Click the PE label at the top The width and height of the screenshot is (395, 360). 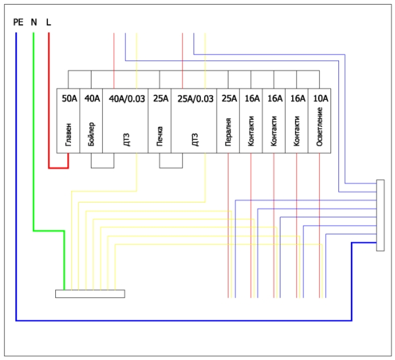click(18, 22)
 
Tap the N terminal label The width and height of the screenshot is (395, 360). click(34, 22)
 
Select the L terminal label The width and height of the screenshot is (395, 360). click(49, 22)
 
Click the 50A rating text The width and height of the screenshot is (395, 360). click(69, 99)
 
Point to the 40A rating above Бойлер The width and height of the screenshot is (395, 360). click(92, 99)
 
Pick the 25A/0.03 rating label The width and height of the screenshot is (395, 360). click(196, 99)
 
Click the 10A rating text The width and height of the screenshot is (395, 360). click(321, 99)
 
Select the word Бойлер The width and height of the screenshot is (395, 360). click(92, 132)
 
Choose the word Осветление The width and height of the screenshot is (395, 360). click(320, 129)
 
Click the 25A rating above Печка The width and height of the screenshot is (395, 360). click(160, 99)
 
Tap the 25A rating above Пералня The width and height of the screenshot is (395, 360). click(228, 99)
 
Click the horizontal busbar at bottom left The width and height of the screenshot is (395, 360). click(90, 294)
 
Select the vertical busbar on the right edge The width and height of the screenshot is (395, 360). click(381, 215)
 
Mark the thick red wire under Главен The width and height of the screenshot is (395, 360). click(59, 168)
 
